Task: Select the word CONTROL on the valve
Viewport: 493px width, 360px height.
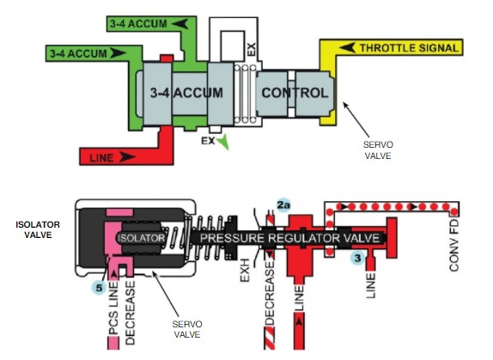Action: (x=294, y=92)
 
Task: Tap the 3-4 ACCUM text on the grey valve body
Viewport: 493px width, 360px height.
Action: (x=186, y=92)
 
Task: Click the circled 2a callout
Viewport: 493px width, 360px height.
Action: (x=284, y=204)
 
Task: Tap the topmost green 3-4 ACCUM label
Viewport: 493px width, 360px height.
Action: (x=139, y=23)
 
